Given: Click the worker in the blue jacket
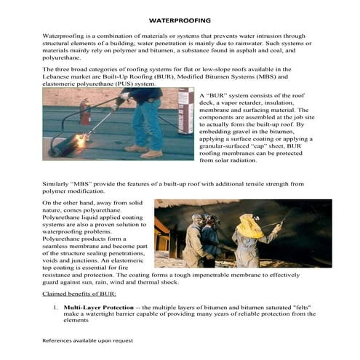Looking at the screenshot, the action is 210,236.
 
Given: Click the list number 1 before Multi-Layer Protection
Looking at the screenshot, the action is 54,308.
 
